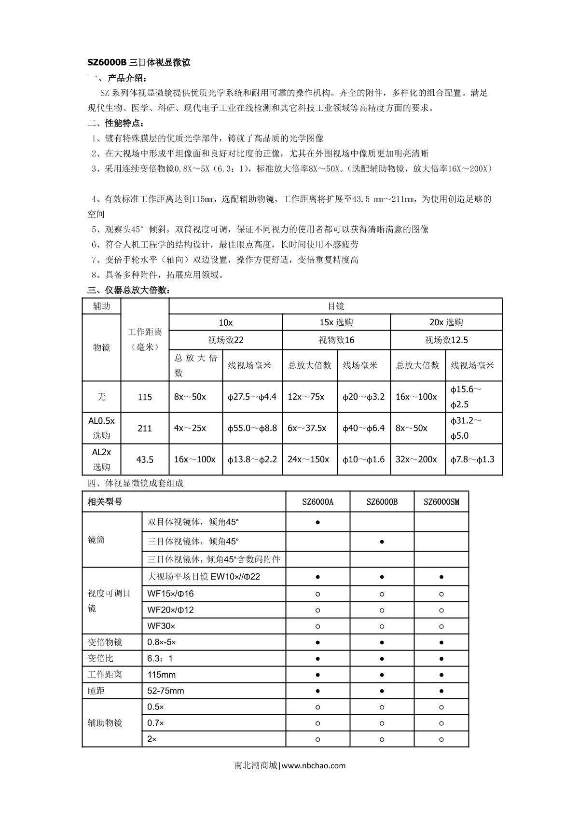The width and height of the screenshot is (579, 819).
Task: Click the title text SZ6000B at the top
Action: tap(107, 62)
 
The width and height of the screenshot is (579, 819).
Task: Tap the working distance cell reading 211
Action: tap(145, 428)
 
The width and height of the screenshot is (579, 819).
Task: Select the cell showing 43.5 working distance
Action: tap(145, 459)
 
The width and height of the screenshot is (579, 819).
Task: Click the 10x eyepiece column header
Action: tap(225, 322)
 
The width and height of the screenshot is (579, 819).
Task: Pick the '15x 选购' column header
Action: tap(336, 322)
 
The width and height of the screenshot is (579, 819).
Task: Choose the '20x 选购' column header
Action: tap(446, 322)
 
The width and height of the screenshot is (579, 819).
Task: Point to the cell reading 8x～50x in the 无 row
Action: tap(190, 397)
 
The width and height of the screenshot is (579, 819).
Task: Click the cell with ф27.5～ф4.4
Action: tap(252, 397)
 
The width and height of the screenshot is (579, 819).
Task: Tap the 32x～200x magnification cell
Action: tap(416, 459)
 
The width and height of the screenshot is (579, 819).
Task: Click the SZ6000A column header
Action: tap(317, 502)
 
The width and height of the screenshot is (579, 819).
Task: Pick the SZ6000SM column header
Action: tap(441, 502)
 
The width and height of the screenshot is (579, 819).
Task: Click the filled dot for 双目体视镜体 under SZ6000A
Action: tap(317, 522)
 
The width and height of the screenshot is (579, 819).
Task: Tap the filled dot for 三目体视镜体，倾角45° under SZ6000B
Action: tap(382, 542)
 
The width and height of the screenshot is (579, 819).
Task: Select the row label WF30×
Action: tap(162, 626)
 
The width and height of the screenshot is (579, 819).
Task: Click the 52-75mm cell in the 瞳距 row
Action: tap(165, 691)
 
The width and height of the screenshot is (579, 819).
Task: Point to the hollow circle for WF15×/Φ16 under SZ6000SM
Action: tap(441, 594)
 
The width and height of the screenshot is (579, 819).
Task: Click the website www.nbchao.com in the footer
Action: tap(313, 765)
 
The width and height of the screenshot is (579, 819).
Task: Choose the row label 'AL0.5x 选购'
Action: tap(101, 428)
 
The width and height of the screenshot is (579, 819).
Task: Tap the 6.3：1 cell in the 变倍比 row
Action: tap(160, 658)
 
